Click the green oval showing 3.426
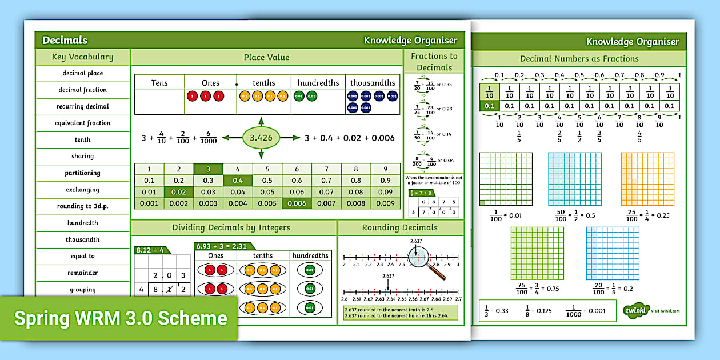(261, 138)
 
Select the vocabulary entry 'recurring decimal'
(82, 106)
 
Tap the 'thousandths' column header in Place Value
(373, 83)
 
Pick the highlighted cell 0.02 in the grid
(179, 192)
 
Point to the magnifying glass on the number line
(423, 261)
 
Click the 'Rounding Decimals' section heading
(399, 227)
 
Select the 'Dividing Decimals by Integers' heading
(231, 227)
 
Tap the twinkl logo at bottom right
(636, 310)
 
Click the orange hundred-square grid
(647, 178)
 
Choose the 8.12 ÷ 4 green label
(150, 250)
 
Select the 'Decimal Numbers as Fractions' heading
(579, 58)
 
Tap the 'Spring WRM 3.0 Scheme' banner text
(121, 318)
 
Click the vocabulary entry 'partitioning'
(82, 173)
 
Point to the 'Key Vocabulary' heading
(82, 57)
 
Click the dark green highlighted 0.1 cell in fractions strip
(489, 106)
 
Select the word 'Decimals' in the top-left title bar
(65, 40)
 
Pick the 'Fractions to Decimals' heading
(434, 61)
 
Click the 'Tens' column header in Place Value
(159, 83)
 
